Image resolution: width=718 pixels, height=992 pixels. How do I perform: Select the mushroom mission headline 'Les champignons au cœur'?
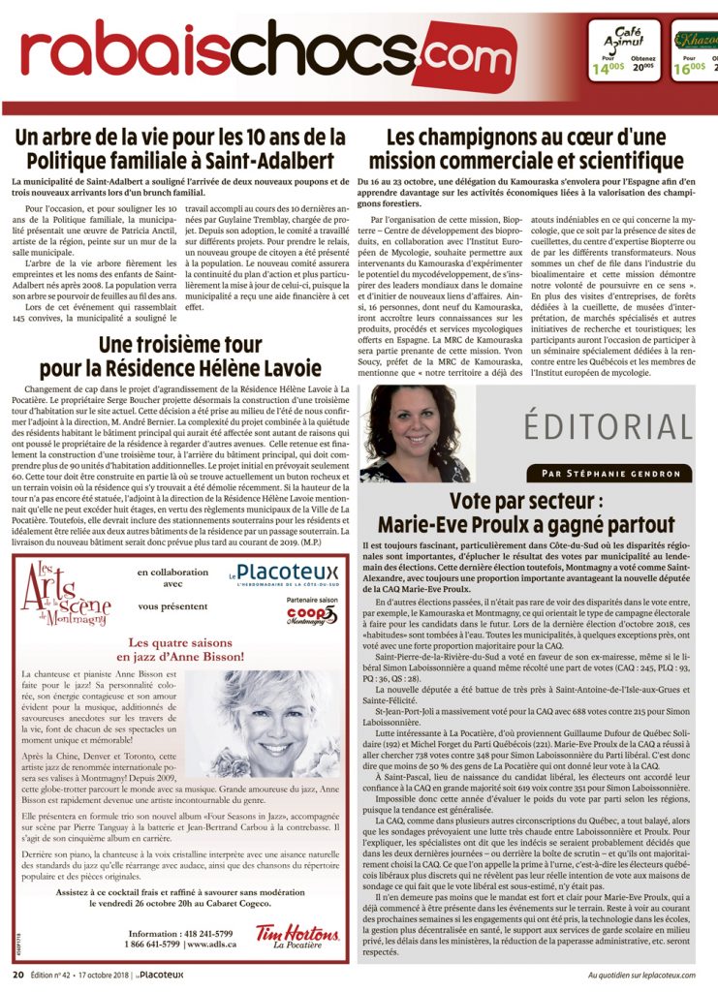click(x=534, y=147)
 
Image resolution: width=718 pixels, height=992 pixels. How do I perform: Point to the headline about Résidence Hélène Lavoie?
click(x=180, y=356)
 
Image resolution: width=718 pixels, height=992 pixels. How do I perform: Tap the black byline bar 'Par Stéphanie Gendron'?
click(x=610, y=474)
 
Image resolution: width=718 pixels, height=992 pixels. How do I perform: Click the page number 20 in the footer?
click(x=17, y=975)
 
